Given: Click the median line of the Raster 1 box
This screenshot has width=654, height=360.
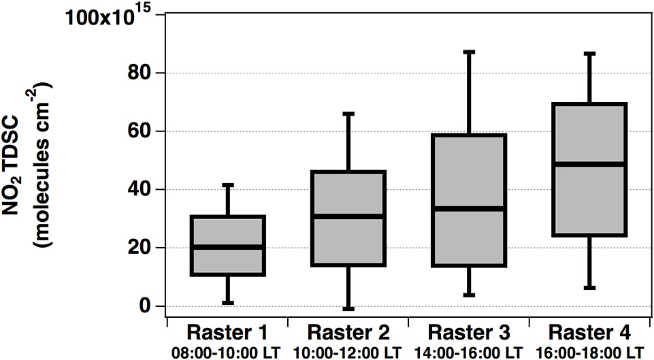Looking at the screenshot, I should tap(228, 246).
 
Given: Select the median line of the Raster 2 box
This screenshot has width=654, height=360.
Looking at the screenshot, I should tap(348, 216).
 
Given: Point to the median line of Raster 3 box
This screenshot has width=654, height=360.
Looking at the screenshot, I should tap(469, 208).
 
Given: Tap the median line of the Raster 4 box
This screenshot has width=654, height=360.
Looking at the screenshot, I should tap(589, 164).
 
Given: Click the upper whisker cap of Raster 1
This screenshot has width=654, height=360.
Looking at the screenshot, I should tap(228, 184).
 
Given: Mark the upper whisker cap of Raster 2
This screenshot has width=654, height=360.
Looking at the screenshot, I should tap(348, 114).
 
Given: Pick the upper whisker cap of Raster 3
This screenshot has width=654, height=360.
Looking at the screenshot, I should tap(469, 52).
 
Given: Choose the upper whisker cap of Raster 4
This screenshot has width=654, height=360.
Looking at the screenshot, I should tap(589, 53).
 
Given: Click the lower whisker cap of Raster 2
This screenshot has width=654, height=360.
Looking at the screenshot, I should tap(348, 309).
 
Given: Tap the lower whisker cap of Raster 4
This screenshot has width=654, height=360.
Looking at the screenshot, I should tap(589, 288).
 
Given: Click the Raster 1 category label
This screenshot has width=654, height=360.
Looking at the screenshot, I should tap(228, 334).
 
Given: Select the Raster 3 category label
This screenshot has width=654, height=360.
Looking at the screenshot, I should tap(469, 334).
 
